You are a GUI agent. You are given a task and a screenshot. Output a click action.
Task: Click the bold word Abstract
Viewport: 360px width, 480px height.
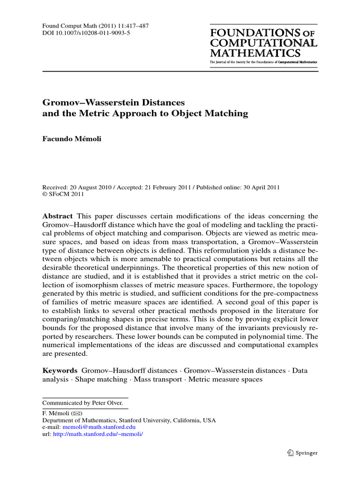[x=58, y=216]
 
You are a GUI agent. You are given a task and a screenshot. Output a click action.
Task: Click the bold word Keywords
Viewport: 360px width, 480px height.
[x=60, y=370]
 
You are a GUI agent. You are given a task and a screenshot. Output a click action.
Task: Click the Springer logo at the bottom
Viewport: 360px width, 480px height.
[x=303, y=453]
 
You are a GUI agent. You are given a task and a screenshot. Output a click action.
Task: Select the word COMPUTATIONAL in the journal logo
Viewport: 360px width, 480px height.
[x=264, y=43]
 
